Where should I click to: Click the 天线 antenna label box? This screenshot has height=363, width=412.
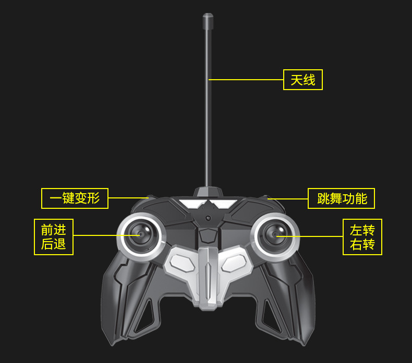click(303, 80)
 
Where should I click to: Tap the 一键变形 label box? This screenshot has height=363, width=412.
click(75, 198)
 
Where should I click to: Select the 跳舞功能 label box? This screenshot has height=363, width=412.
click(342, 198)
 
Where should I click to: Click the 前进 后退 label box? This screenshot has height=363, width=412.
click(54, 237)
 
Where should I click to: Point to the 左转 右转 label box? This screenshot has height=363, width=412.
click(362, 237)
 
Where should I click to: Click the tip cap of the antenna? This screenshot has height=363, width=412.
click(208, 21)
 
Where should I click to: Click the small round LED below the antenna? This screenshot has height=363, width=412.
click(208, 218)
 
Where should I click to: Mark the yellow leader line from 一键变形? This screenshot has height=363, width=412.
click(128, 198)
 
